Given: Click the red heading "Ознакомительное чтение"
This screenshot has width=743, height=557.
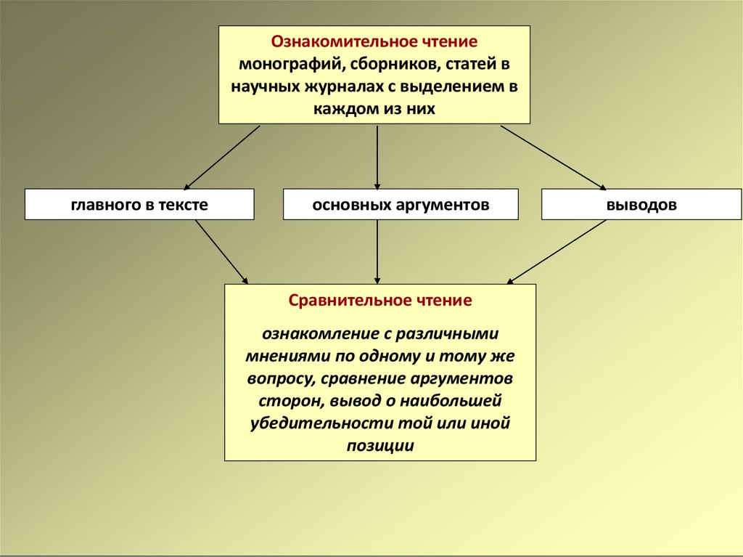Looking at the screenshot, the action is coord(374,41).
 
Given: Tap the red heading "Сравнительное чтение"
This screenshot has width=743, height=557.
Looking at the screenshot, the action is coord(380,301).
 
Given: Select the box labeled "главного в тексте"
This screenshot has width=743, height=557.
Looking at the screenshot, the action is coord(139,205).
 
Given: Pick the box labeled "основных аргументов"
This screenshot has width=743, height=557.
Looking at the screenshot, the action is coord(401,205).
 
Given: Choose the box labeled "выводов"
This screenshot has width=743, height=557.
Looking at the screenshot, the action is coord(641,205).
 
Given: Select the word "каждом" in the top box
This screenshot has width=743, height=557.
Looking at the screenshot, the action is coord(341,109).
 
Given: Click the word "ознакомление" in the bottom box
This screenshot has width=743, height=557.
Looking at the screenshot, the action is coord(320,333).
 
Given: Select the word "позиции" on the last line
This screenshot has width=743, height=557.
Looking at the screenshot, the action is coord(380,446).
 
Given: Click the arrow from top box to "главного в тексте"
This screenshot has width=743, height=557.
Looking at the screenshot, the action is coord(222,158).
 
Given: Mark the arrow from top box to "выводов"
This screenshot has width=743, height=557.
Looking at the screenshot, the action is coord(554,158).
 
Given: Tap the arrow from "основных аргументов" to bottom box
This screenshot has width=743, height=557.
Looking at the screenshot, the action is coord(377,252).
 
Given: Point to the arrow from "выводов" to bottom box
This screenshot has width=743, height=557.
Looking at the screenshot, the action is coord(557,252).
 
